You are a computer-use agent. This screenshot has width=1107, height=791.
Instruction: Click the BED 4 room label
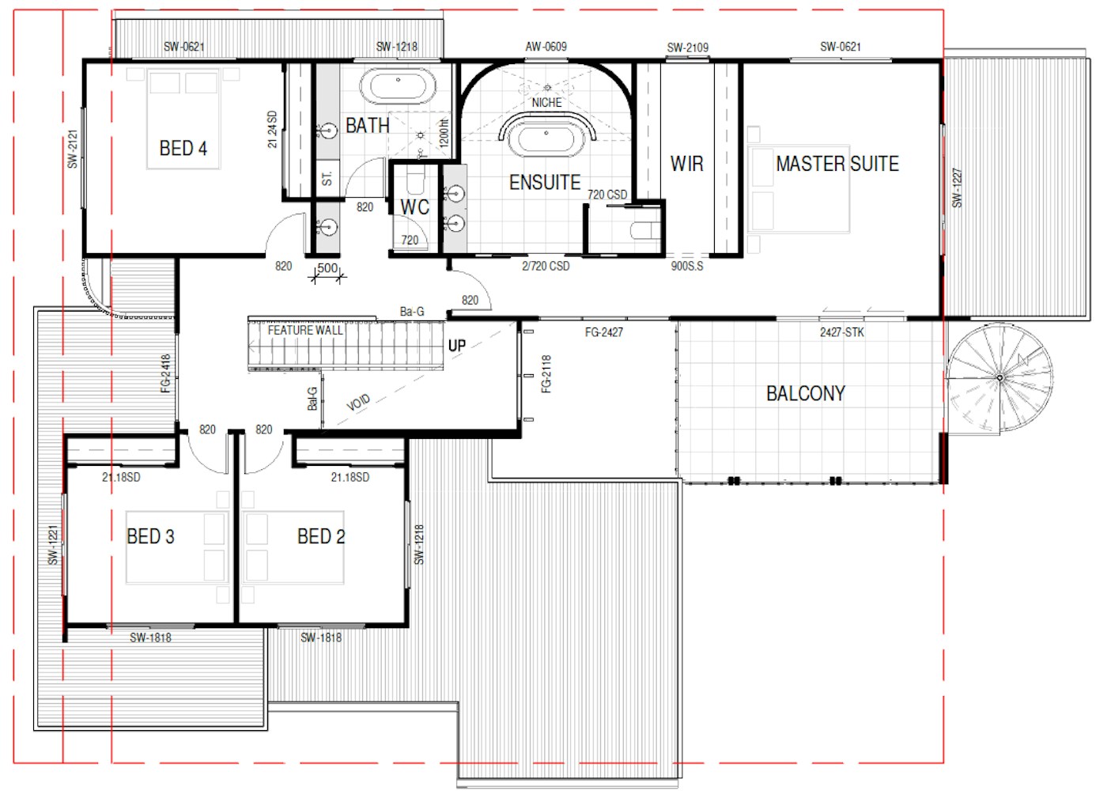pyautogui.click(x=183, y=149)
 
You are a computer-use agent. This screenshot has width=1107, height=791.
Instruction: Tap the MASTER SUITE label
pyautogui.click(x=837, y=164)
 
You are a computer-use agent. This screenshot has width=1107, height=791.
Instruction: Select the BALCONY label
pyautogui.click(x=806, y=394)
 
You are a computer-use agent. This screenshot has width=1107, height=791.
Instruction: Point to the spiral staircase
pyautogui.click(x=999, y=378)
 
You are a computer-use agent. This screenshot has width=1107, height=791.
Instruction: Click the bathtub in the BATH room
pyautogui.click(x=398, y=85)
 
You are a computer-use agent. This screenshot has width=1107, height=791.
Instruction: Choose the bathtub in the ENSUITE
pyautogui.click(x=546, y=140)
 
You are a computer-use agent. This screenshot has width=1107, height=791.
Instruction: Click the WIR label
pyautogui.click(x=687, y=164)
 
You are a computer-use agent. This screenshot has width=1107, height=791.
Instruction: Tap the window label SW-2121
pyautogui.click(x=73, y=149)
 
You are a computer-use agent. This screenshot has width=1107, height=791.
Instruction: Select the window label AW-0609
pyautogui.click(x=546, y=47)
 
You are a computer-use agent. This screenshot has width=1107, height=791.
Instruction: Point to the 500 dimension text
pyautogui.click(x=327, y=268)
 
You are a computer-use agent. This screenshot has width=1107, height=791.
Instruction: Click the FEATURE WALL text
pyautogui.click(x=305, y=331)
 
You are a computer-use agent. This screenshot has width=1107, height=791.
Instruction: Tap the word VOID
pyautogui.click(x=358, y=403)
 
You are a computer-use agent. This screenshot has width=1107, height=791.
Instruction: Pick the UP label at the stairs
pyautogui.click(x=457, y=346)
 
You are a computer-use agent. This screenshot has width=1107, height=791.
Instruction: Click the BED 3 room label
pyautogui.click(x=150, y=536)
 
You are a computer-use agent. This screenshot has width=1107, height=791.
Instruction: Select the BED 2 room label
pyautogui.click(x=321, y=536)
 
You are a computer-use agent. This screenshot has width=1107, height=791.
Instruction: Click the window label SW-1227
pyautogui.click(x=958, y=188)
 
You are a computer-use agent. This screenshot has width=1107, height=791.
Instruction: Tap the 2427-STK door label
pyautogui.click(x=842, y=332)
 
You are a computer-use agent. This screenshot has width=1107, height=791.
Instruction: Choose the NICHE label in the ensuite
pyautogui.click(x=546, y=103)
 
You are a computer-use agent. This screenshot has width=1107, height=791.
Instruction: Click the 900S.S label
pyautogui.click(x=687, y=266)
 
